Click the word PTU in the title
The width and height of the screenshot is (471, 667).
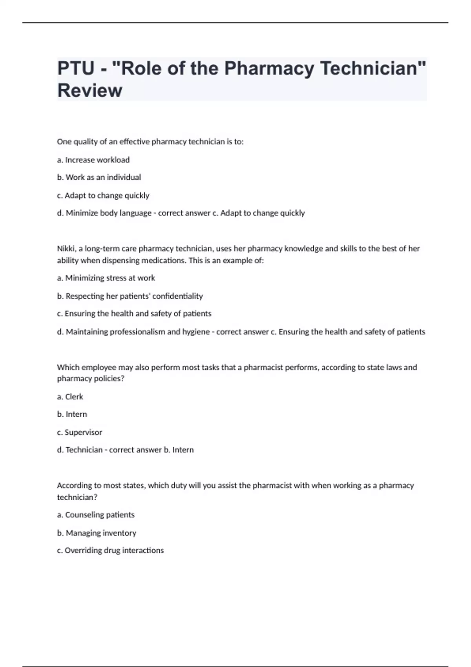(76, 68)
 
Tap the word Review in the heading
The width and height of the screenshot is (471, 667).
(90, 91)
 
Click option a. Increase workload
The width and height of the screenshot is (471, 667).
(93, 160)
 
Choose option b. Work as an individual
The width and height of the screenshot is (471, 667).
(99, 177)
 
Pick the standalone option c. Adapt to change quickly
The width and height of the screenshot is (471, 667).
(103, 195)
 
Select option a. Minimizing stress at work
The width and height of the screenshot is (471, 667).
(106, 278)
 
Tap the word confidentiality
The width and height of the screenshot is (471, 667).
(177, 296)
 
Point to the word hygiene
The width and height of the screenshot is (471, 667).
(196, 332)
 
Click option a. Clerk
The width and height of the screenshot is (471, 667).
(70, 397)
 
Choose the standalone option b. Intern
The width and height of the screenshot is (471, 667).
(72, 414)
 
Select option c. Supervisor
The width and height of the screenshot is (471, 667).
(80, 432)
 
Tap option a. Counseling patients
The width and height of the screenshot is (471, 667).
(96, 515)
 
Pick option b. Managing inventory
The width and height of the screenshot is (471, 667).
(97, 533)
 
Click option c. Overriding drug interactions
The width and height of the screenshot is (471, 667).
(110, 550)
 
